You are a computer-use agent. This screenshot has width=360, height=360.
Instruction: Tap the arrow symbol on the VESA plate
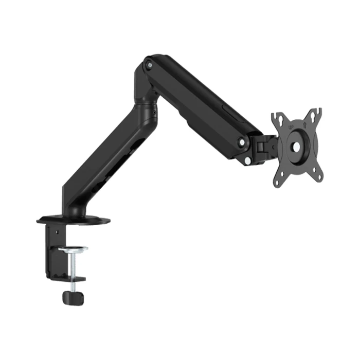[x=304, y=123]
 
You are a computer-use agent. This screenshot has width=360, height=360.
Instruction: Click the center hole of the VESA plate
[x=297, y=146]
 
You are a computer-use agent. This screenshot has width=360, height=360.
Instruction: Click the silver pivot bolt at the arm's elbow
[x=149, y=65]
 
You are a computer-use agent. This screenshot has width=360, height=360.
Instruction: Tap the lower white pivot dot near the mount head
[x=247, y=160]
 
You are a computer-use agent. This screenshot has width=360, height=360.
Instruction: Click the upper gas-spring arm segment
[x=201, y=103]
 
